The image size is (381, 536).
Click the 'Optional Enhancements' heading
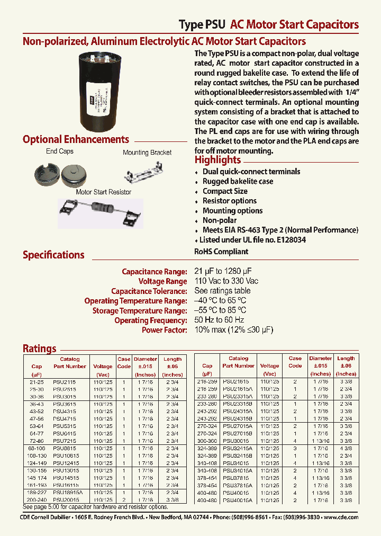coord(76,140)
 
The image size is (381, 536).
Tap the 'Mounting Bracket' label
coord(147,153)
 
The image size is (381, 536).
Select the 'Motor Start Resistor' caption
coord(104,192)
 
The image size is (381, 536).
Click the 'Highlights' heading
coord(217,160)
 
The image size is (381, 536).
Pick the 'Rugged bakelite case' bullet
coord(238,181)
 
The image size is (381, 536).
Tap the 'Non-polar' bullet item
coord(220,220)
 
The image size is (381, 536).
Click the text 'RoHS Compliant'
coord(221,252)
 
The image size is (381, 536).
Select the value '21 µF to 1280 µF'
coord(223,272)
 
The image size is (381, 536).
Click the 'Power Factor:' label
coord(164,330)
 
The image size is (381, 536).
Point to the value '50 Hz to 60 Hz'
coord(219,320)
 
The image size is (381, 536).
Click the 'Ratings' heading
coord(39,349)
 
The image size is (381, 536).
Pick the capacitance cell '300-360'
coord(207,440)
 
